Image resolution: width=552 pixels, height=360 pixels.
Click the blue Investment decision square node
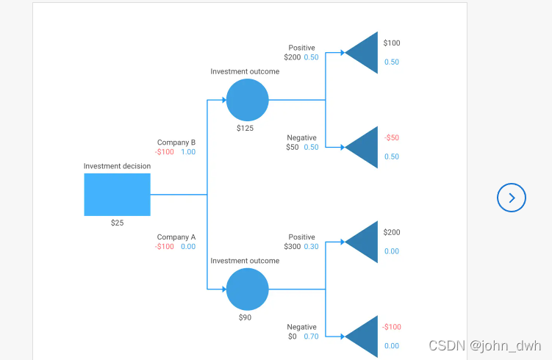[x=117, y=195]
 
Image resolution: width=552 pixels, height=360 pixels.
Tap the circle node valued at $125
[x=248, y=100]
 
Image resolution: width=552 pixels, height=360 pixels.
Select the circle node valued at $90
[x=248, y=289]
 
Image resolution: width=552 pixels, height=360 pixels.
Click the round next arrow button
[x=512, y=197]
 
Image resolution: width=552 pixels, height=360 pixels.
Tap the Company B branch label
[x=176, y=143]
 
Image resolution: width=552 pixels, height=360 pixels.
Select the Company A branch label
[x=176, y=237]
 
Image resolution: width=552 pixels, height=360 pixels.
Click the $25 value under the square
[x=117, y=223]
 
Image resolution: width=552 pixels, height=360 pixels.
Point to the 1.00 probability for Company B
[x=188, y=152]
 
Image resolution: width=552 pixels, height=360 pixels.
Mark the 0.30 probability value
[x=312, y=247]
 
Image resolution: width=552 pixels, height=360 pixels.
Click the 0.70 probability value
[x=312, y=336]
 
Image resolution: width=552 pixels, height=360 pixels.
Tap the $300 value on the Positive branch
[x=293, y=247]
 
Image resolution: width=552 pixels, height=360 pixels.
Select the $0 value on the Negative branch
[x=293, y=336]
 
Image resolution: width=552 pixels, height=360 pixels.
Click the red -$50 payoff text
[x=391, y=137]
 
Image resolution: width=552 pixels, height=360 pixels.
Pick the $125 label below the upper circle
[x=245, y=128]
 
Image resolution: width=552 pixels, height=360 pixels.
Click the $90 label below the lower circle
[x=245, y=317]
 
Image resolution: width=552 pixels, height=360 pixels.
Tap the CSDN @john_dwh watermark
[x=484, y=345]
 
